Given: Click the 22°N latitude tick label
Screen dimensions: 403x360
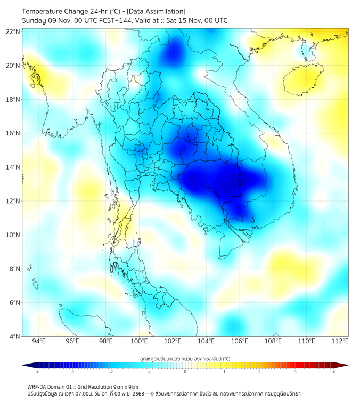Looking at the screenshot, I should [13, 32].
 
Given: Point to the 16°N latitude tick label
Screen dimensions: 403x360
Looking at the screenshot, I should [13, 133].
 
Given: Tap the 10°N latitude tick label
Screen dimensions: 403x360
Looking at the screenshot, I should [13, 235].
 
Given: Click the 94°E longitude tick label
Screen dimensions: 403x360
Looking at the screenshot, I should [39, 341].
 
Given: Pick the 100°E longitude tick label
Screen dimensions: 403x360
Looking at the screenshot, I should [139, 341].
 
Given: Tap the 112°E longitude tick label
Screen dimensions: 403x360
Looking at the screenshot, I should [340, 341].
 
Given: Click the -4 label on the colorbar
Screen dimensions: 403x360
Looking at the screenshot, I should [37, 372].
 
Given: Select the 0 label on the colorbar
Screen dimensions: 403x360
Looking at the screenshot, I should [185, 372].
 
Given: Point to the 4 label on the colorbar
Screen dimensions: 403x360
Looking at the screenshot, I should [334, 372].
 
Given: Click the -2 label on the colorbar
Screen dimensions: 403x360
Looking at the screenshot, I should [111, 372].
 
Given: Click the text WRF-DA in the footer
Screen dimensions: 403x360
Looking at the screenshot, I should [38, 387].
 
